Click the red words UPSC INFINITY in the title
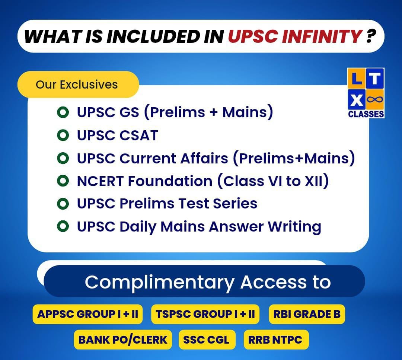(x=295, y=36)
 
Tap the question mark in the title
(x=371, y=36)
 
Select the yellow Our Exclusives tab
(x=78, y=85)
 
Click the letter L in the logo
(x=357, y=79)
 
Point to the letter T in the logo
(x=375, y=79)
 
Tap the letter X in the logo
(x=357, y=100)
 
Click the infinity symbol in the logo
(x=375, y=99)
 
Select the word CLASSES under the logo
(x=366, y=114)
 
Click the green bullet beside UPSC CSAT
(x=63, y=135)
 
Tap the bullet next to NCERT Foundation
(x=63, y=181)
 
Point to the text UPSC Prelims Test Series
(x=167, y=204)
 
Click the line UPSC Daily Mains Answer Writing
(x=199, y=227)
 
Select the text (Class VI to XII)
(x=273, y=181)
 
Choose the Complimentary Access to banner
(x=204, y=281)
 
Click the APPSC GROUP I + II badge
(x=88, y=314)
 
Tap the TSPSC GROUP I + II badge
(x=205, y=314)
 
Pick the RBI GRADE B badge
(x=307, y=314)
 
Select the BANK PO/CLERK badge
(x=123, y=340)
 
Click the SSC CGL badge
(x=207, y=340)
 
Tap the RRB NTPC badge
(x=276, y=340)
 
